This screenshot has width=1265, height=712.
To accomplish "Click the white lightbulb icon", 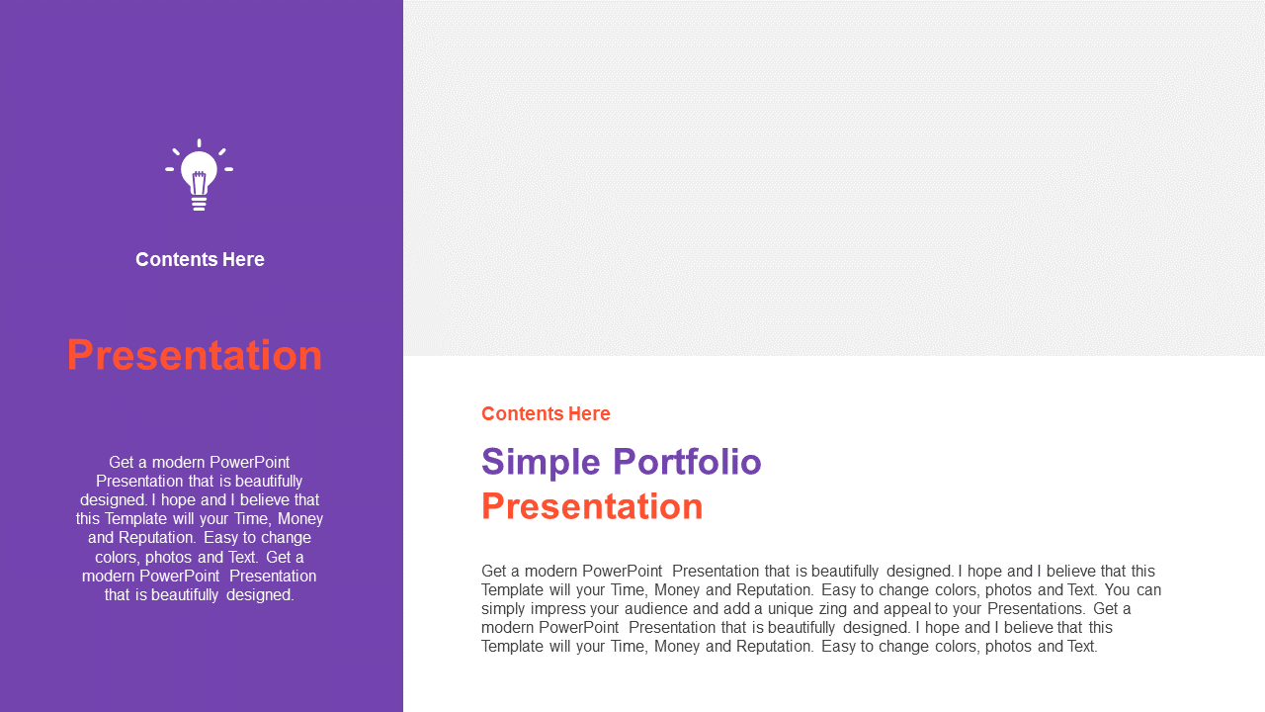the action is click(x=199, y=175).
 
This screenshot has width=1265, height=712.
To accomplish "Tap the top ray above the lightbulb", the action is click(x=199, y=143).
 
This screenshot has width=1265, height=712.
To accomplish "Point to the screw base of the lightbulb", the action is click(x=199, y=204).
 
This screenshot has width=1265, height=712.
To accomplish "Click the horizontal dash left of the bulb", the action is click(x=169, y=169).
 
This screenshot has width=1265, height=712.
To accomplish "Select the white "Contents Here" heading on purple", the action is click(x=200, y=259).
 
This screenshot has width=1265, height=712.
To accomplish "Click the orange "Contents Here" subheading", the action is click(x=546, y=413).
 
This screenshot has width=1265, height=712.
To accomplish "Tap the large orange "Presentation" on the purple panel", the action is click(x=195, y=355).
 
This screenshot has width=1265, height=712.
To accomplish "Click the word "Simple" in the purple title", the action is click(x=541, y=462).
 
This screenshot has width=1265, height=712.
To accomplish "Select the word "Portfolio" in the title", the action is click(x=687, y=462).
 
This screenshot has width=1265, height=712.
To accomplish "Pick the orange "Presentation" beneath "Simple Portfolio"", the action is click(x=592, y=506).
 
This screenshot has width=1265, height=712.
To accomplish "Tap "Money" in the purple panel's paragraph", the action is click(x=300, y=519).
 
